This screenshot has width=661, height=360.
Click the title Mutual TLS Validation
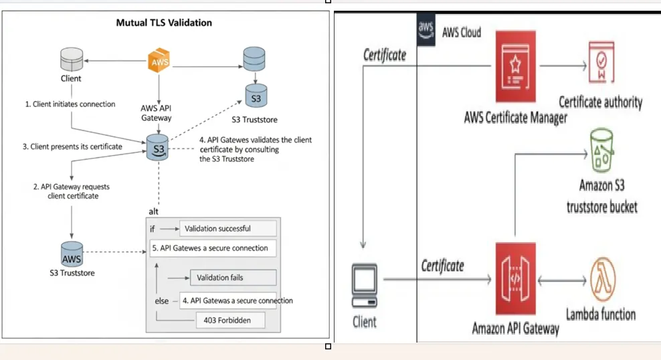(x=165, y=23)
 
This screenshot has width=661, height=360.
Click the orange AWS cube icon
(x=159, y=63)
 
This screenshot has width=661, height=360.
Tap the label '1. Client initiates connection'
(x=70, y=104)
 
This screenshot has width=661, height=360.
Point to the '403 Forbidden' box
(x=227, y=321)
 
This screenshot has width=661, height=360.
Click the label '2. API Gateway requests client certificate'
(x=71, y=191)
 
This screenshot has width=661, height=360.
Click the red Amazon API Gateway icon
(x=515, y=278)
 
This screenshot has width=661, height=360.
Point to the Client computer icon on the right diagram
(x=364, y=285)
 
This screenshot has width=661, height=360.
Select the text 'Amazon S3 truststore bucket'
(x=601, y=196)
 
